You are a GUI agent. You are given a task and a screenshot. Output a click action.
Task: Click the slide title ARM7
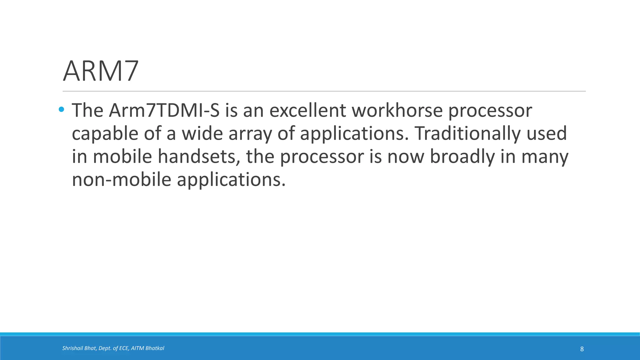point(101,71)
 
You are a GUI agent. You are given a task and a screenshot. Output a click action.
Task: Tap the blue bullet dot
point(61,109)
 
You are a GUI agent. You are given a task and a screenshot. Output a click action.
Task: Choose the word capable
point(105,134)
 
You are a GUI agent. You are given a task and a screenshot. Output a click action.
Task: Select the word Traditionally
point(467,133)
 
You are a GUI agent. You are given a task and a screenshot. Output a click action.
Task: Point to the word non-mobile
point(121,180)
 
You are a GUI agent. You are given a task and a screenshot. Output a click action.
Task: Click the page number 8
point(582,349)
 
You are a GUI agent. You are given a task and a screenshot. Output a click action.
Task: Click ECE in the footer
point(124,348)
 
